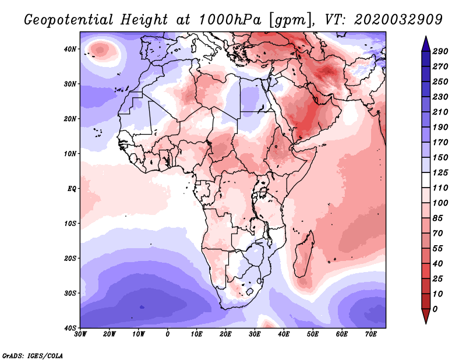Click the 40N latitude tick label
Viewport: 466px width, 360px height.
tap(70, 49)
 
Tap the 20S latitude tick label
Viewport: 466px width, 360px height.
tap(70, 258)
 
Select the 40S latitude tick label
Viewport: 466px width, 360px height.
tap(70, 328)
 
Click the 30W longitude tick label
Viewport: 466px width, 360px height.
tap(80, 334)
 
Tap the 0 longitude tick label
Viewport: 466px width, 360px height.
tap(168, 334)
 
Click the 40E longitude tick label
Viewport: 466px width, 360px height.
tap(284, 334)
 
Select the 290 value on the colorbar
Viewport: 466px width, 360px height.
tap(440, 51)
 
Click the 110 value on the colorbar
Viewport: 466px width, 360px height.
tap(440, 188)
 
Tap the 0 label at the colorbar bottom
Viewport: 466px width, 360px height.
tap(436, 309)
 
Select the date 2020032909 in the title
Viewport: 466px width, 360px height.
tap(390, 19)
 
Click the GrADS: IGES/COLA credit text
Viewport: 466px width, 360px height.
tap(33, 355)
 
